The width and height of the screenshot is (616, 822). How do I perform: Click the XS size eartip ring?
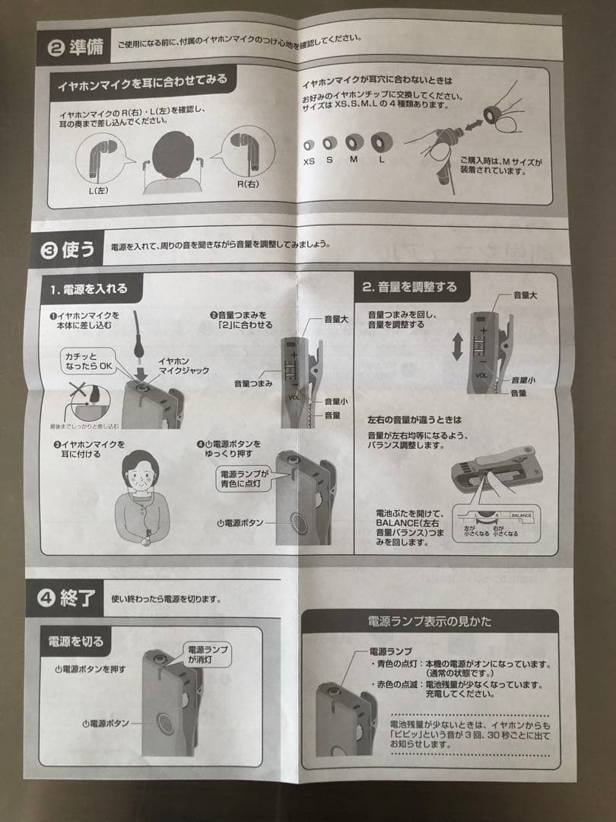click(309, 145)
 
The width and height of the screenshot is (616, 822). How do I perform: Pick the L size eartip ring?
click(378, 142)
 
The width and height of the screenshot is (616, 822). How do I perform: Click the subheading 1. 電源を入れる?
click(89, 289)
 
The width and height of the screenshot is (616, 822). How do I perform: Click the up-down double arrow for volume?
click(457, 345)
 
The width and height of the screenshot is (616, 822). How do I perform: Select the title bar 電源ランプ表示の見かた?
click(429, 621)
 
